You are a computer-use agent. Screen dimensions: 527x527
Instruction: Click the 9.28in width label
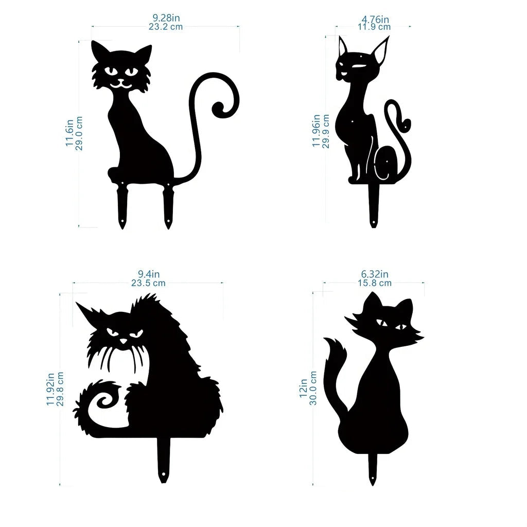(166, 17)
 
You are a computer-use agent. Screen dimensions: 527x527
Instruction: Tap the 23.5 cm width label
(148, 283)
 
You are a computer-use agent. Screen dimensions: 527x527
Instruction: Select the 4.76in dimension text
(375, 19)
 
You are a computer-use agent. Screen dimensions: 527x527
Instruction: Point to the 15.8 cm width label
(375, 283)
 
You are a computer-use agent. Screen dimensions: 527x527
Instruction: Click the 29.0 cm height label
(79, 133)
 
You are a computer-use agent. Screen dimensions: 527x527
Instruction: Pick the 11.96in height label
(316, 130)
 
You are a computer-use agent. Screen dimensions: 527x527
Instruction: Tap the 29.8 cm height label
(60, 389)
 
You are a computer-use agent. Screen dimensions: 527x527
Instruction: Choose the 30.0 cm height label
(312, 388)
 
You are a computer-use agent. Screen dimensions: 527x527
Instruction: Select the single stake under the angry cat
(164, 461)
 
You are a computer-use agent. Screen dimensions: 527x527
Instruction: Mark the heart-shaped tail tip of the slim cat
(406, 125)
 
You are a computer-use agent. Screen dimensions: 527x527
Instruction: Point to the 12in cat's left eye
(382, 323)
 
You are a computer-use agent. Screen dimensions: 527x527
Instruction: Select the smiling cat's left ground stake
(122, 206)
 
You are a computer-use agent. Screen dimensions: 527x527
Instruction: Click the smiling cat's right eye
(132, 71)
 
